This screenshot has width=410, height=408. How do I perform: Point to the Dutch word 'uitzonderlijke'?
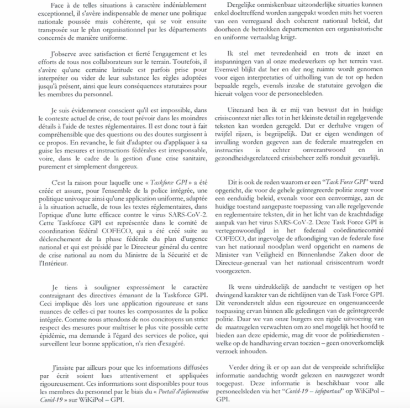tap(288, 5)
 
